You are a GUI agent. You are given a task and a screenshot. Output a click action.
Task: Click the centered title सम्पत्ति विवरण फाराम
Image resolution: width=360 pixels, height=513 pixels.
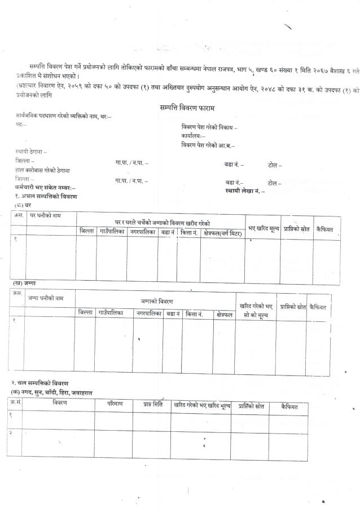point(187,107)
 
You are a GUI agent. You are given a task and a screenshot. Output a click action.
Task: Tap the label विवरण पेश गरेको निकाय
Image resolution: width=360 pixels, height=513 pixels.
point(209,127)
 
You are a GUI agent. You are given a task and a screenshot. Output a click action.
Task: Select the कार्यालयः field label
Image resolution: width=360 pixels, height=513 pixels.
point(194,136)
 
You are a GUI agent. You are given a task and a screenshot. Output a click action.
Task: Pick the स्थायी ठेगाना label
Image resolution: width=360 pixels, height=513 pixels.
point(32,152)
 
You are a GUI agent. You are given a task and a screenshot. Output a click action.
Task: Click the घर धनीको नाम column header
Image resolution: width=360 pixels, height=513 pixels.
point(45,216)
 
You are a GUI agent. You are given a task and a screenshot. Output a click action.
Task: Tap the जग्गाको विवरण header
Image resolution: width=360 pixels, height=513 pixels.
point(156,302)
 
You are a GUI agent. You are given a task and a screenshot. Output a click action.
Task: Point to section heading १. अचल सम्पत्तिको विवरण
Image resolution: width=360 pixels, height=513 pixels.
point(46,196)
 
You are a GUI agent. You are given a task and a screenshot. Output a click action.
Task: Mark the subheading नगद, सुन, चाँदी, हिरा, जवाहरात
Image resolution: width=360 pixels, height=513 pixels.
point(55,392)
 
